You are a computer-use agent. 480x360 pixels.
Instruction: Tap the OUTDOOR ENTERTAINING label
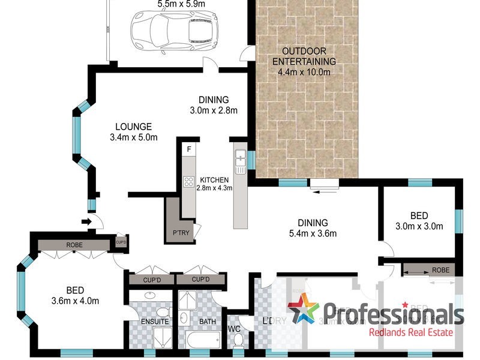tap(304, 56)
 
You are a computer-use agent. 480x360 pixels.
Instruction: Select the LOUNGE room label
tap(133, 127)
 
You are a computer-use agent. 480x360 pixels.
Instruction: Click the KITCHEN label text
tap(214, 180)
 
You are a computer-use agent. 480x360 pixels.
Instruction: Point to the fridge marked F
tap(189, 148)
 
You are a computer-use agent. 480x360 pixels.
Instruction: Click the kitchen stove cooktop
tap(188, 182)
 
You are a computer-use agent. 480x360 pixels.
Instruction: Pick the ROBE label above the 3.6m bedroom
tap(75, 244)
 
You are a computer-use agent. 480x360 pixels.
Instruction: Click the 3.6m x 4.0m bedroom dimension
tap(74, 301)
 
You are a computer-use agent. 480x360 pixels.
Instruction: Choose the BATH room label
tap(207, 322)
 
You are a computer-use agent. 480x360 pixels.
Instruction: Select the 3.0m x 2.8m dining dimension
tap(214, 110)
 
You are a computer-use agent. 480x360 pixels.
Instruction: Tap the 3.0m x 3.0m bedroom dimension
tap(419, 226)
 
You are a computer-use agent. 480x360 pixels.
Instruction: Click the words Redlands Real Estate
tap(410, 332)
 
